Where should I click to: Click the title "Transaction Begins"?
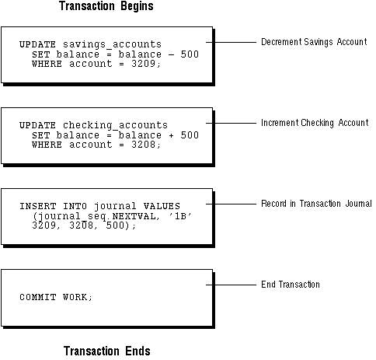tap(106, 6)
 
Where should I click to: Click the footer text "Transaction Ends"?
tap(107, 351)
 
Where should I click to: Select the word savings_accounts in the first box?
tap(112, 44)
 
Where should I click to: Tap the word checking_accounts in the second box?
tap(115, 125)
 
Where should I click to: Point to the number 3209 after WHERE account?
tap(144, 64)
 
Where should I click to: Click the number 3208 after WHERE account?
tap(144, 145)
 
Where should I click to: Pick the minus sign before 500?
tap(171, 54)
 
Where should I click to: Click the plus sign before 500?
tap(171, 135)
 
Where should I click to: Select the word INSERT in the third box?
tap(38, 206)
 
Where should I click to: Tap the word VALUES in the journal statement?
tap(162, 206)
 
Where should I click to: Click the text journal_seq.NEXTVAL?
tap(95, 216)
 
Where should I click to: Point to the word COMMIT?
tap(38, 297)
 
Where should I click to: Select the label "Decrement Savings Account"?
tap(314, 42)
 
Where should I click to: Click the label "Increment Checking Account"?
tap(315, 123)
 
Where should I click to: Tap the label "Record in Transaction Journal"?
tap(316, 204)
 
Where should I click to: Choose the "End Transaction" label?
tap(291, 285)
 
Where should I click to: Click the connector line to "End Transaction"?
tap(231, 285)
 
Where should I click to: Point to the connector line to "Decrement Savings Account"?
tap(231, 42)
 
